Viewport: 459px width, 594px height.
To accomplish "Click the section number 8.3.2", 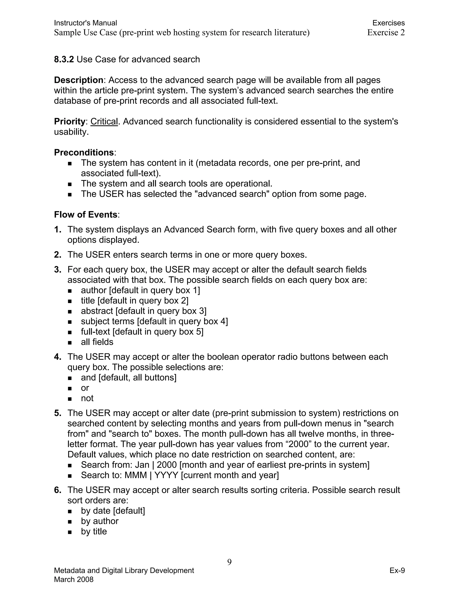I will [x=64, y=59].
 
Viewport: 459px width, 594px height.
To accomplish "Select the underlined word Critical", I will [x=104, y=121].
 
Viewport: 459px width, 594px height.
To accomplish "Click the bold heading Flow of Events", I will [x=86, y=215].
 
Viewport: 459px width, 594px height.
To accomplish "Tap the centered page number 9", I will [x=229, y=562].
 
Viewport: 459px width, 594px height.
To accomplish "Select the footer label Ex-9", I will [x=397, y=570].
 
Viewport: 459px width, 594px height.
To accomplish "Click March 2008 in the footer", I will [x=74, y=580].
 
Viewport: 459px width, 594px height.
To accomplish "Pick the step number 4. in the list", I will [x=58, y=357].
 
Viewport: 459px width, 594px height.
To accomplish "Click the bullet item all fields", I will [x=97, y=342].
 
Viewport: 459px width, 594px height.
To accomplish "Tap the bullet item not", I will [x=87, y=398].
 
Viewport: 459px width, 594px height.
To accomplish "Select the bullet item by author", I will [x=100, y=521].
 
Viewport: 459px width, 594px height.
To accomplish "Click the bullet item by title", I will [x=94, y=531].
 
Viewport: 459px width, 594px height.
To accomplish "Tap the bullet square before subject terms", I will [x=70, y=322].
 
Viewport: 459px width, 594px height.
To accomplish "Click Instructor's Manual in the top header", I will [x=85, y=23].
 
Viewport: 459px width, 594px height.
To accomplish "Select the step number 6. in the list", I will [x=58, y=490].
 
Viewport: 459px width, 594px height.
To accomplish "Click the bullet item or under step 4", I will [x=85, y=388].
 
